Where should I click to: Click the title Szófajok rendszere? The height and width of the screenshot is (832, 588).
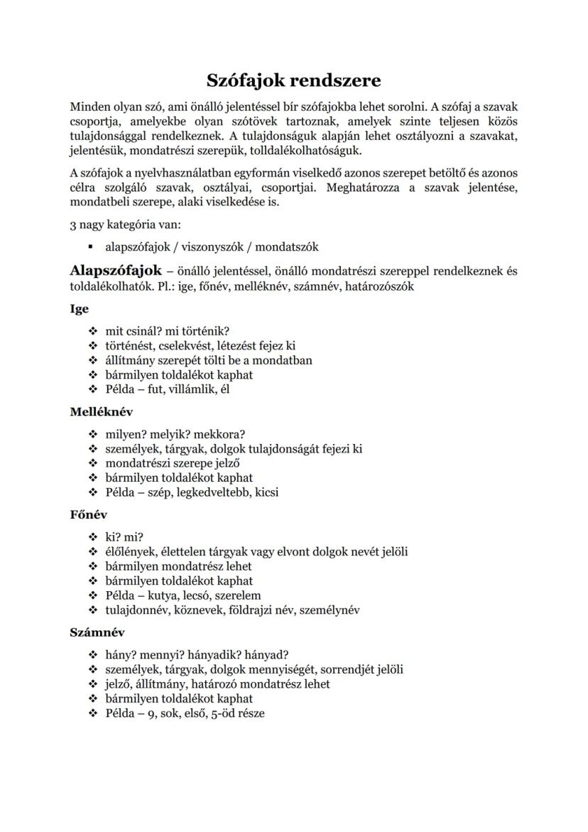tap(294, 80)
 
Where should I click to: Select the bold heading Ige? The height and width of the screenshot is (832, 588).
tap(79, 310)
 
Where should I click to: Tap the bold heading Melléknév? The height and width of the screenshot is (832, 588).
tap(101, 412)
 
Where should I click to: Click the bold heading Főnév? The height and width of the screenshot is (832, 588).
tap(88, 515)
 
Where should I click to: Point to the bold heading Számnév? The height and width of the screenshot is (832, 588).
tap(97, 632)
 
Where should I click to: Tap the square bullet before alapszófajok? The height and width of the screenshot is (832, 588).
tap(92, 247)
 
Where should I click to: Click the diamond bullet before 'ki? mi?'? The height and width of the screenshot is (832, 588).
tap(92, 537)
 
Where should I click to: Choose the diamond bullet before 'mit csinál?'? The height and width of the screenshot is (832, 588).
tap(92, 331)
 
